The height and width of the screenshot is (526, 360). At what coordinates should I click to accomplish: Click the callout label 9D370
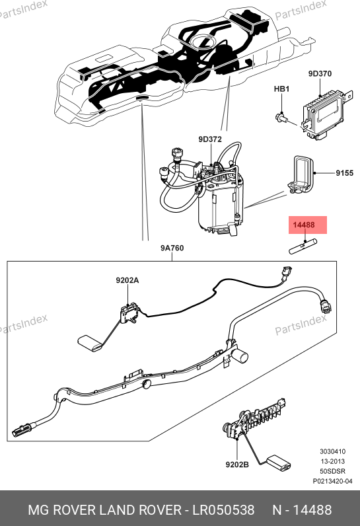click(320, 73)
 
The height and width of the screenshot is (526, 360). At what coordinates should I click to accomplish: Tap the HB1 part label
click(281, 89)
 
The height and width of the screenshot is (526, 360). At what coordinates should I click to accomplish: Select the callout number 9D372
click(210, 139)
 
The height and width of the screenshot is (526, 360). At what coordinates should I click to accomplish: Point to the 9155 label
click(344, 173)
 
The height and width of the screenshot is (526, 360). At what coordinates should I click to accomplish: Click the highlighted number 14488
click(304, 225)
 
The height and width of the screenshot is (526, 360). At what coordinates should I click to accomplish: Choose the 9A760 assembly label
click(172, 248)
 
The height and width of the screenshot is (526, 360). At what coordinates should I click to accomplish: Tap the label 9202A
click(127, 280)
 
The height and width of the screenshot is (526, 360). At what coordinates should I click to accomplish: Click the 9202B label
click(237, 465)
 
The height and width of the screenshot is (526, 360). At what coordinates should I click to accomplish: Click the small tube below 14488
click(303, 246)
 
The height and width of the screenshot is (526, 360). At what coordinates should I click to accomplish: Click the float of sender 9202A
click(90, 344)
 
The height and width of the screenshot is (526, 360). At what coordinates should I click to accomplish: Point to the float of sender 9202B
click(278, 462)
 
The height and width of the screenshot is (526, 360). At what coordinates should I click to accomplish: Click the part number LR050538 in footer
click(223, 510)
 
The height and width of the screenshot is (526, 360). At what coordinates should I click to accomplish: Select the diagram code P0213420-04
click(332, 481)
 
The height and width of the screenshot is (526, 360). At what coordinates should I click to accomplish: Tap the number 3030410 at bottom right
click(332, 451)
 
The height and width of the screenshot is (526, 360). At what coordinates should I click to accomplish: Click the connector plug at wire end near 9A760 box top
click(286, 272)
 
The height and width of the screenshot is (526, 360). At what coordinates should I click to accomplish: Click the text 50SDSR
click(332, 471)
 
